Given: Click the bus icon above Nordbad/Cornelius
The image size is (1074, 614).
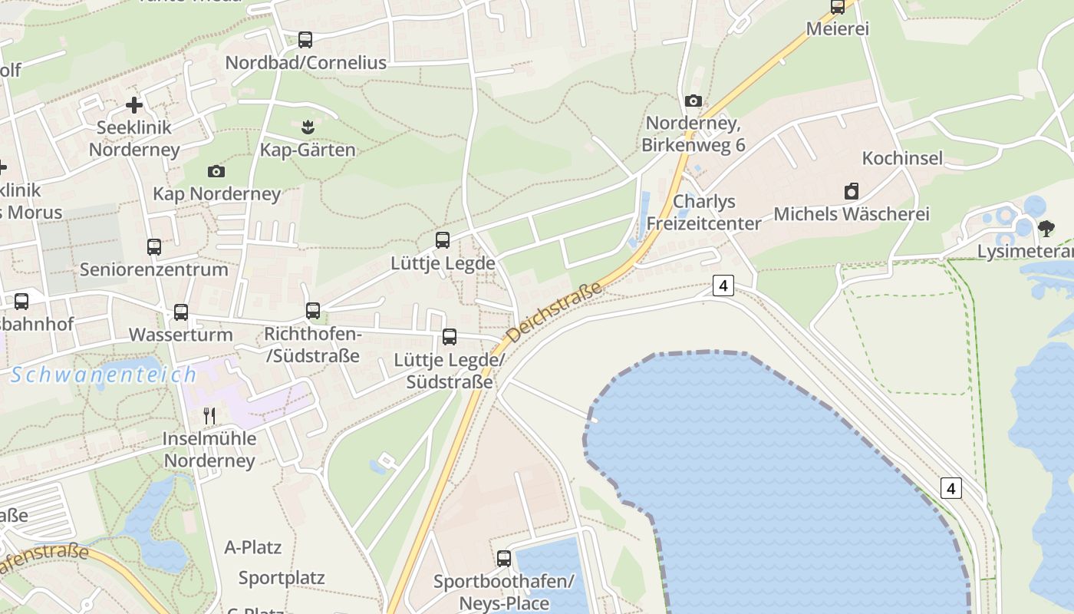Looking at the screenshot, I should point(305,40).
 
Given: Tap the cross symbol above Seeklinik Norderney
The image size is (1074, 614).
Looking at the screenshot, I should point(134,105).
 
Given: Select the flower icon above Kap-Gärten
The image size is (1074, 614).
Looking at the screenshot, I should point(308,127).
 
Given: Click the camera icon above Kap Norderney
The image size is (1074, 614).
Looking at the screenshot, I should point(216,171).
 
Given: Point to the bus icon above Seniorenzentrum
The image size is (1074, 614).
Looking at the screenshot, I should point(154,247).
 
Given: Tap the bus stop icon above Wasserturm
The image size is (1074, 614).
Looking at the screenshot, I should point(181,312).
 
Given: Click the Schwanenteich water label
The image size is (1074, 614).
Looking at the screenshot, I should point(104,375).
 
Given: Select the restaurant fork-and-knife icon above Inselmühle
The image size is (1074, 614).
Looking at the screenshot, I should point(209,416).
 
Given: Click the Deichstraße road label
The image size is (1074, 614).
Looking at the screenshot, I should point(555,312).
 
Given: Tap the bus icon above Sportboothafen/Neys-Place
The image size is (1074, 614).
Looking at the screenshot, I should point(504,559).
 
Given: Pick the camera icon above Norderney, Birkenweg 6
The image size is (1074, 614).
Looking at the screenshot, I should point(693,101).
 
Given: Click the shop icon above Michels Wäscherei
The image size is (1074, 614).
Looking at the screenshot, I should point(851,191).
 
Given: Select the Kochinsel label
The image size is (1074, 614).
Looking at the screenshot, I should point(902,158).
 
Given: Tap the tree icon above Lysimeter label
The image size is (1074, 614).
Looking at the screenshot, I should point(1046,228).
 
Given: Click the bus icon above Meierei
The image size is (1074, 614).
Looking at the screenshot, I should point(838,7).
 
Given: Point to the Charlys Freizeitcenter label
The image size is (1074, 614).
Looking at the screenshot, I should point(703,213).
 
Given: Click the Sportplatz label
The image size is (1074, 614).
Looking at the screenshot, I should point(282,578).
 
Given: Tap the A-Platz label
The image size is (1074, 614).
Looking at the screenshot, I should point(253,548).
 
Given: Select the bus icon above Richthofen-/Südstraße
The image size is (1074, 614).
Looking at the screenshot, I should point(312,311).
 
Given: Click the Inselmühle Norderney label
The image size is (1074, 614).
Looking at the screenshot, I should point(209,450).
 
